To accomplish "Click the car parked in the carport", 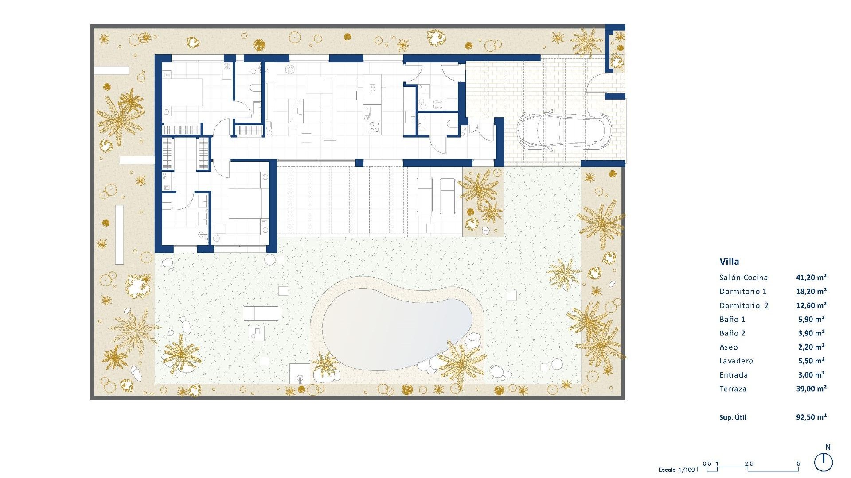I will (564, 131).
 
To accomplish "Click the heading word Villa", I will (729, 262).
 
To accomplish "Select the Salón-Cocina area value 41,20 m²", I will (811, 278).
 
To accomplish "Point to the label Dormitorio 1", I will (743, 291).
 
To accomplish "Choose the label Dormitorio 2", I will (744, 305).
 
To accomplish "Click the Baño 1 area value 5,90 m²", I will (811, 319).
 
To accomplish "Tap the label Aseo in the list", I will (729, 347).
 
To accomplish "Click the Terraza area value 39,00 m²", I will (811, 389).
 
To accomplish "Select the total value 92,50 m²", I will (811, 417).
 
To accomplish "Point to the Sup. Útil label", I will (733, 417).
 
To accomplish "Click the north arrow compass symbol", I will (824, 463).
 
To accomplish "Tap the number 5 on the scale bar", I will (799, 464).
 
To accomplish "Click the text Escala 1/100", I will (676, 470).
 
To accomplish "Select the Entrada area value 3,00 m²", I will (811, 375).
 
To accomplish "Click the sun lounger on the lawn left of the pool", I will (262, 313).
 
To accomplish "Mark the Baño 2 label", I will (732, 333).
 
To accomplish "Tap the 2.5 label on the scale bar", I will (749, 464).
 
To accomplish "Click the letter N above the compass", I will (828, 447).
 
